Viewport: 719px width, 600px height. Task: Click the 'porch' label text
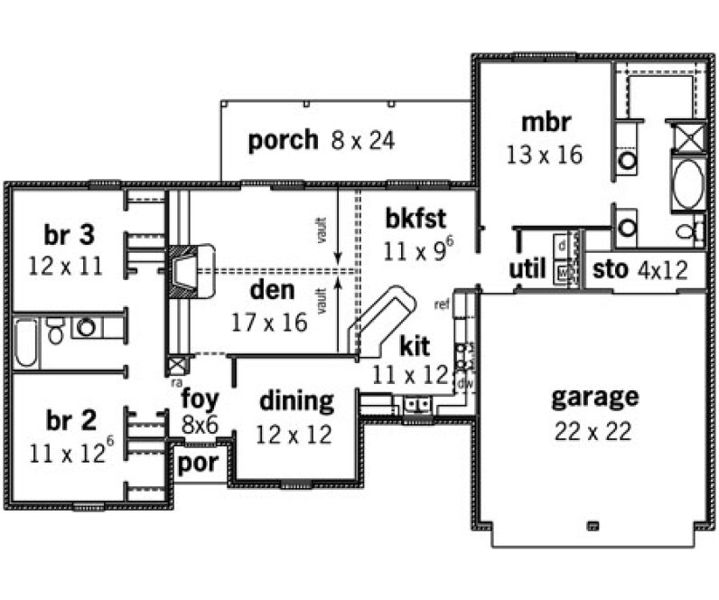(283, 140)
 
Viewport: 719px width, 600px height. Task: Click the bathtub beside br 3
(25, 342)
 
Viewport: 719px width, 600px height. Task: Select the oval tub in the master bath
(687, 182)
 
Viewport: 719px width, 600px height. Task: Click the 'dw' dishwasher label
(467, 383)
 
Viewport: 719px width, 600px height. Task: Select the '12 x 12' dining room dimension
(294, 434)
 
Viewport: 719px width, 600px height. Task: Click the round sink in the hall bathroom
(88, 327)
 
